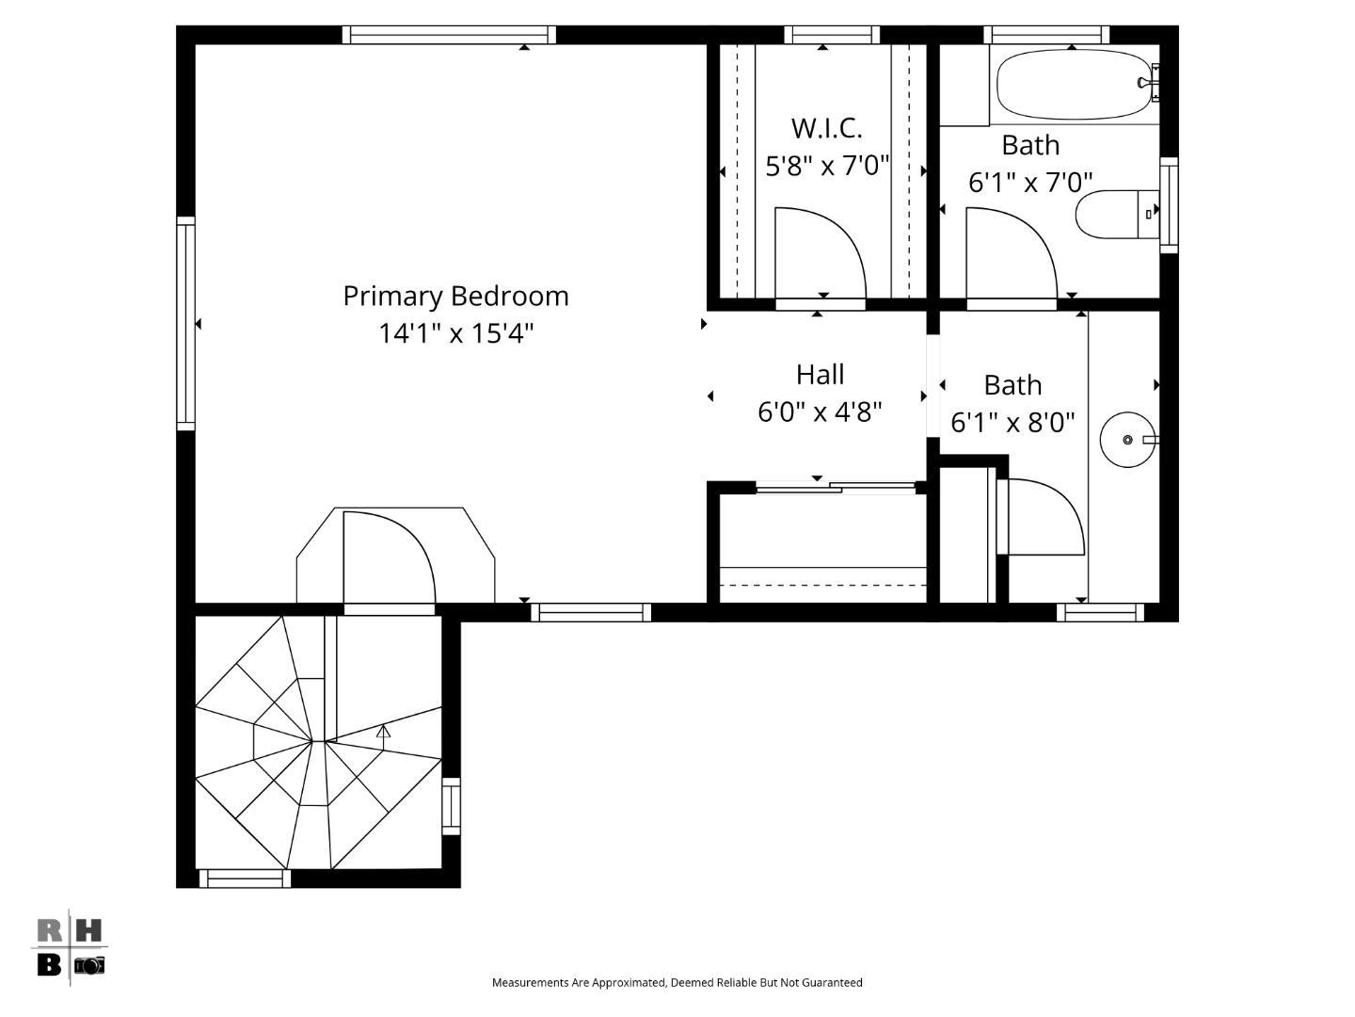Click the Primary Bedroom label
coord(455,296)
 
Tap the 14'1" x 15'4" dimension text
coord(455,333)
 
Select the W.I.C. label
coord(826,127)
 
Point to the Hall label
coord(820,375)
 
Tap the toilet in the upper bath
coord(1116,215)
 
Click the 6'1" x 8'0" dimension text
coord(1012,423)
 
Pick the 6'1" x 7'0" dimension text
coord(1030,182)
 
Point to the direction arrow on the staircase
coord(383,731)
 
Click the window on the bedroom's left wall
coord(186,324)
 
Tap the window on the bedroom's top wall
coord(449,35)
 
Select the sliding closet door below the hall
coord(836,487)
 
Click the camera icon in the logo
coord(89,965)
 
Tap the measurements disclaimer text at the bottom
coord(677,982)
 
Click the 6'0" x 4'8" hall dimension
coord(820,412)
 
